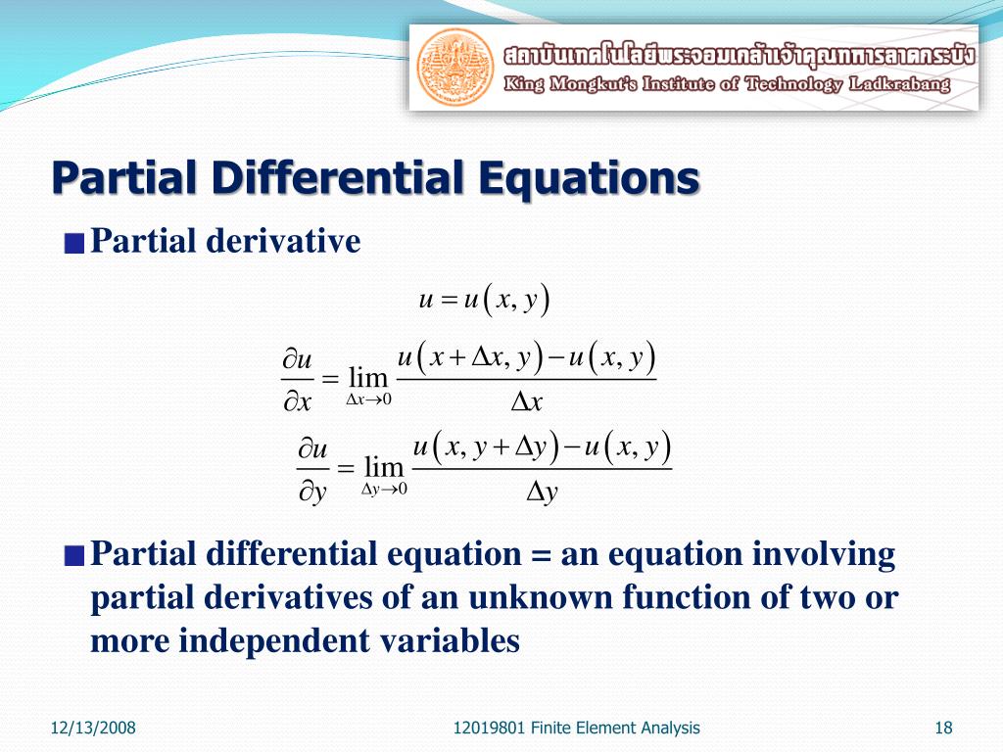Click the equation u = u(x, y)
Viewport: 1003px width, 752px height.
484,300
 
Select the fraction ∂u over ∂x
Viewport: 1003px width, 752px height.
297,383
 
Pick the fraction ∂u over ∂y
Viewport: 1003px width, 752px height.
312,471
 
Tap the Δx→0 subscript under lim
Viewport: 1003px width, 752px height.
369,399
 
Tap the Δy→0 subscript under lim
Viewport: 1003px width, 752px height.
384,489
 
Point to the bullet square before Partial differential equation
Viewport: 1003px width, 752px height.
74,557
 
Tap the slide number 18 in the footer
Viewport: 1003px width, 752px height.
944,727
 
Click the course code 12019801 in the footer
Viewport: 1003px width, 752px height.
491,727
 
